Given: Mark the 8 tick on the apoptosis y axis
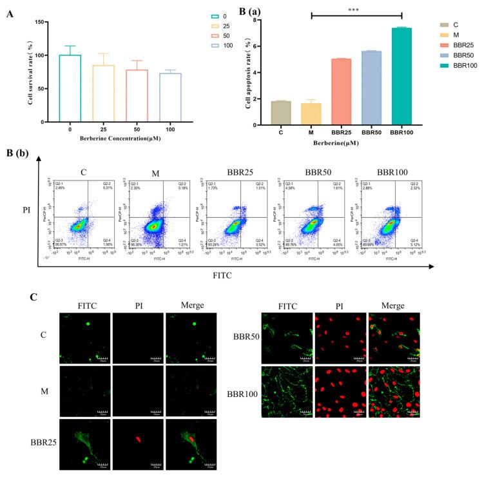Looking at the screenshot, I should tap(255, 20).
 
